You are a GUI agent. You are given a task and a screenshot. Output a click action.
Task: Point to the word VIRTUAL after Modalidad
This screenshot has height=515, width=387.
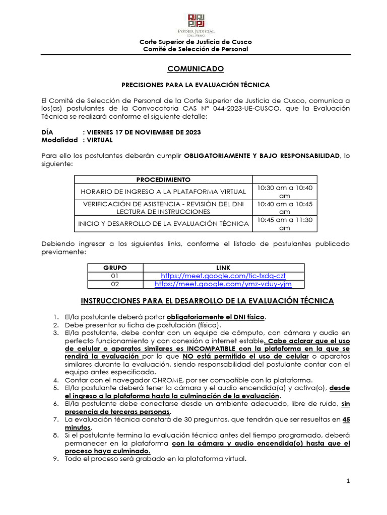tap(100, 140)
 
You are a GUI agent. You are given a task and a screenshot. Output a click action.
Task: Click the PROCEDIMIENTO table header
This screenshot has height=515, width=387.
tap(163, 180)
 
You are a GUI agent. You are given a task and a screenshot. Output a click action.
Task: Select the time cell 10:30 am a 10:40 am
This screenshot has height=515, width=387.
tap(285, 192)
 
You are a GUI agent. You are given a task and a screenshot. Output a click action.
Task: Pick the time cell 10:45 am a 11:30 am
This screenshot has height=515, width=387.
tap(285, 224)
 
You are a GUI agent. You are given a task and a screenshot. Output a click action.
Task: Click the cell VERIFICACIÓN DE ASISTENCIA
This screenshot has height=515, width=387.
tap(163, 208)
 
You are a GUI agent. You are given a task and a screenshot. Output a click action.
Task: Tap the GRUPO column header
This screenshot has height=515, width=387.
tap(115, 268)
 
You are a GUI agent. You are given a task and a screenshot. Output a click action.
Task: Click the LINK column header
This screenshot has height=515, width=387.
tap(223, 268)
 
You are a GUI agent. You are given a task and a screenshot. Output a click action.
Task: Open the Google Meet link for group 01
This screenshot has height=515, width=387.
tap(223, 276)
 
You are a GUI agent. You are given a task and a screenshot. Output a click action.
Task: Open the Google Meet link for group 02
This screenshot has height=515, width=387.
tap(223, 284)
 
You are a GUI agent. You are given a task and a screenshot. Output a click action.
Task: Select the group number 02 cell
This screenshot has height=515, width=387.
tap(115, 284)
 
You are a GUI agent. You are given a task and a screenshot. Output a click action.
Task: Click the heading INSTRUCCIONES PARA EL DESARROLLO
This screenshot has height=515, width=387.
tap(207, 301)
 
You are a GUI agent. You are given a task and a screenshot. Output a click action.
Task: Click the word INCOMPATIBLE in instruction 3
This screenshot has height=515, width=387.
tap(210, 348)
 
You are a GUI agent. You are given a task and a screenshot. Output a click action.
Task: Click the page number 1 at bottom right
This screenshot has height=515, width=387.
tap(348, 482)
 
